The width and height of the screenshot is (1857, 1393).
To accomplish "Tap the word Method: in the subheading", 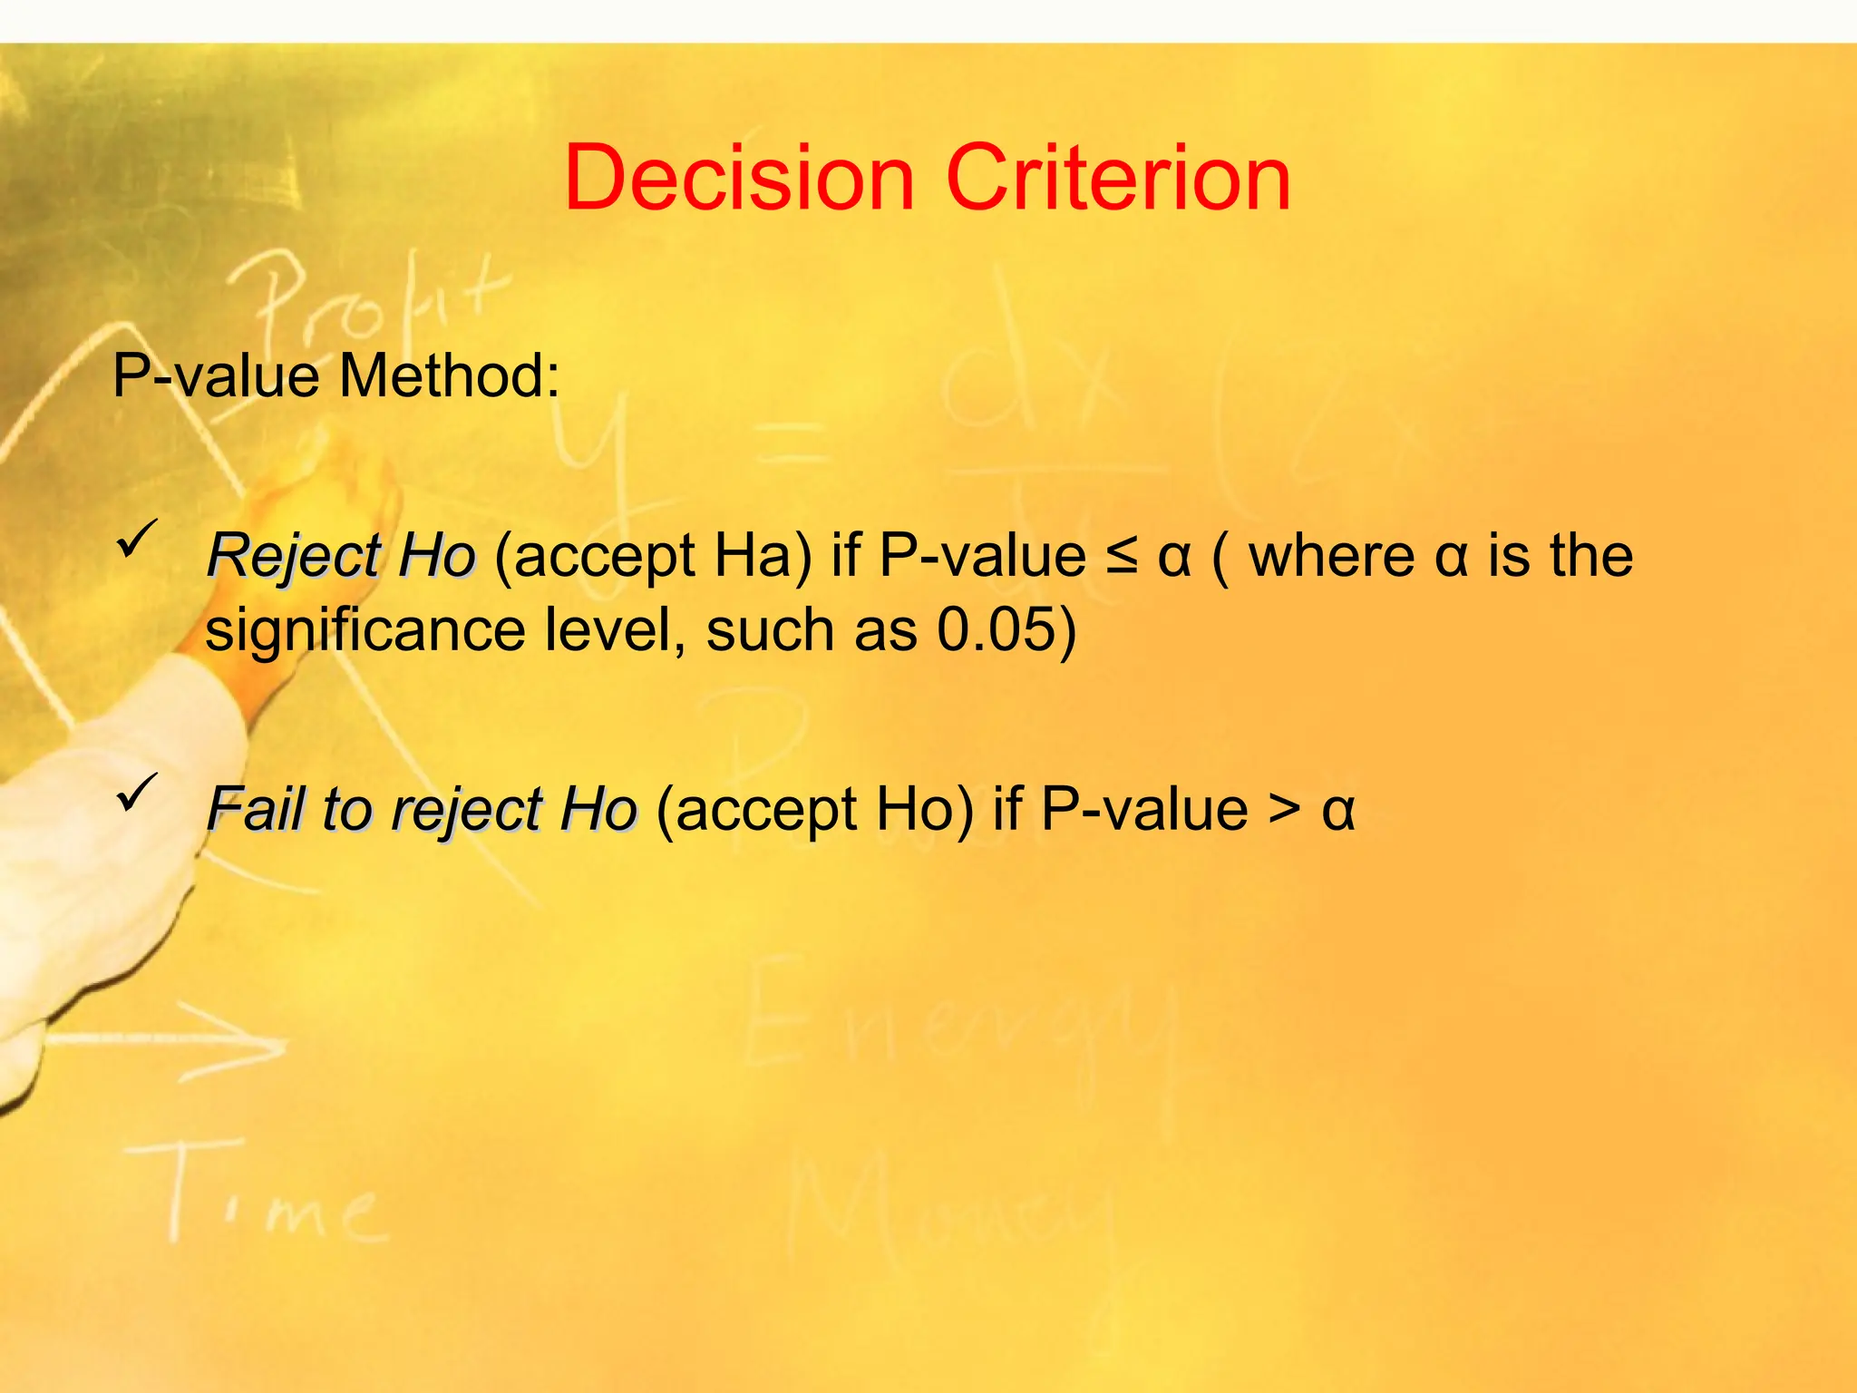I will point(449,375).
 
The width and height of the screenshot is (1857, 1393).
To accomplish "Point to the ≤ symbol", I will point(1122,556).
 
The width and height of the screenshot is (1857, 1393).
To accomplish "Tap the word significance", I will point(365,631).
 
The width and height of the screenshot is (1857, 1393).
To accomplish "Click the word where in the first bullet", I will point(1331,556).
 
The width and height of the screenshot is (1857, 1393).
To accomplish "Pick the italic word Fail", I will point(255,809).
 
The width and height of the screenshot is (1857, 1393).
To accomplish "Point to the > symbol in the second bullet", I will point(1283,809).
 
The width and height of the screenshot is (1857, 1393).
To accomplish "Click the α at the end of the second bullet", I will point(1337,811).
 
